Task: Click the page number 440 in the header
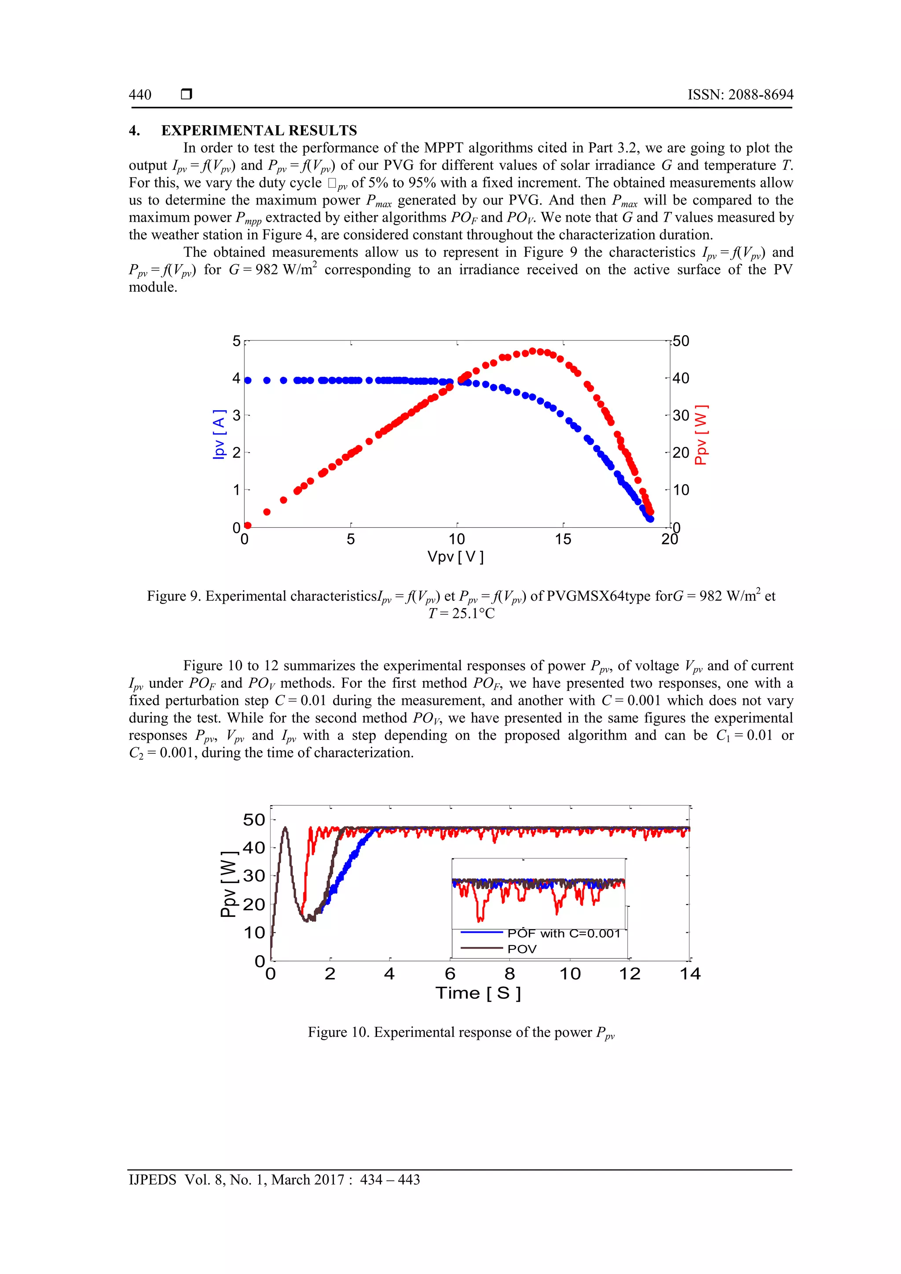tap(140, 95)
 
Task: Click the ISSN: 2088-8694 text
tap(740, 95)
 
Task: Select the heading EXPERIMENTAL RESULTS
tap(259, 131)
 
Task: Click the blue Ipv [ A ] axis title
tap(219, 434)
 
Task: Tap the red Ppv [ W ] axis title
tap(701, 434)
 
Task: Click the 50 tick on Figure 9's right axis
tap(681, 341)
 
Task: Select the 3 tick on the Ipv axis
tap(237, 415)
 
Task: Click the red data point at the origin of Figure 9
tap(248, 525)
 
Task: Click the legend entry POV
tap(522, 949)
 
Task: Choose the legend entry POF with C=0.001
tap(563, 933)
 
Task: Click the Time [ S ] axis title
tap(478, 993)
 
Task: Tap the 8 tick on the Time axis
tap(509, 974)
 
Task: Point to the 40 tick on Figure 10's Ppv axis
tap(254, 847)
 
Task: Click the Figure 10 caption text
tap(461, 1032)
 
